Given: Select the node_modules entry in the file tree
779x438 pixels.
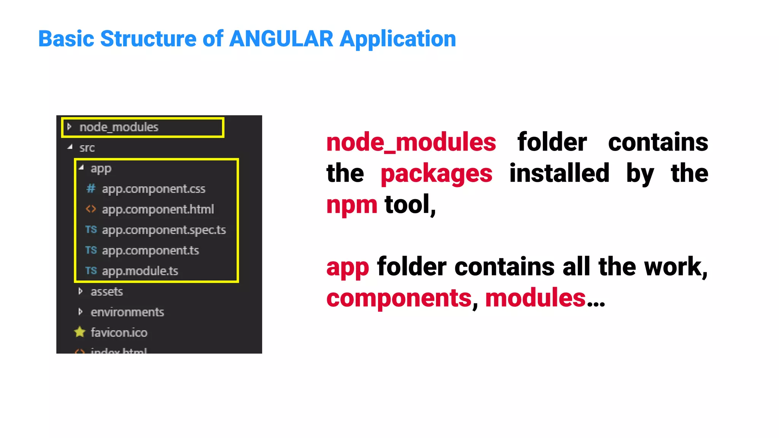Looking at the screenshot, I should pyautogui.click(x=119, y=127).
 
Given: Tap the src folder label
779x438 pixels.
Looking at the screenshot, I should pyautogui.click(x=87, y=148).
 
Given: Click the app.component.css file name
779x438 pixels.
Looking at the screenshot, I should pyautogui.click(x=153, y=189).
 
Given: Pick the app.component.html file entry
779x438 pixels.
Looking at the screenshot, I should pyautogui.click(x=158, y=209).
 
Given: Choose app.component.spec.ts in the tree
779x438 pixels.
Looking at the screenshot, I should pyautogui.click(x=164, y=230).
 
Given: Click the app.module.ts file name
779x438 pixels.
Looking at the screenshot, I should pyautogui.click(x=140, y=271).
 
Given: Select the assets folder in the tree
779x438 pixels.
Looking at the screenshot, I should pyautogui.click(x=107, y=292).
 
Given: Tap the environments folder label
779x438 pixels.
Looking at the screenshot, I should pyautogui.click(x=127, y=312).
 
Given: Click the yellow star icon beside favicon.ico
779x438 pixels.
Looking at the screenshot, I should pyautogui.click(x=80, y=332).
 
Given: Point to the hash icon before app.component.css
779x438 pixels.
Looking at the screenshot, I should pyautogui.click(x=91, y=188).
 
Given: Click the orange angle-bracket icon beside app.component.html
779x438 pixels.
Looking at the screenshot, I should pyautogui.click(x=91, y=209).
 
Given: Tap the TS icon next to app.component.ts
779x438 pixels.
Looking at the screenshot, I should pyautogui.click(x=91, y=250).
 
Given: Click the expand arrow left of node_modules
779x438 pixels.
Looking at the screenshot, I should pyautogui.click(x=69, y=127).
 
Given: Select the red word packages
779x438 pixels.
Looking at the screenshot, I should pyautogui.click(x=436, y=173).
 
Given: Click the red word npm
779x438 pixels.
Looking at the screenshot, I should pyautogui.click(x=351, y=205).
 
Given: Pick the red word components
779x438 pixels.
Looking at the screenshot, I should pyautogui.click(x=399, y=298).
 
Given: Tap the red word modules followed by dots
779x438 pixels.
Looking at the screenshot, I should pyautogui.click(x=535, y=298).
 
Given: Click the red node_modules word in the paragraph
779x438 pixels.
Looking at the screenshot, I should pyautogui.click(x=411, y=142).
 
